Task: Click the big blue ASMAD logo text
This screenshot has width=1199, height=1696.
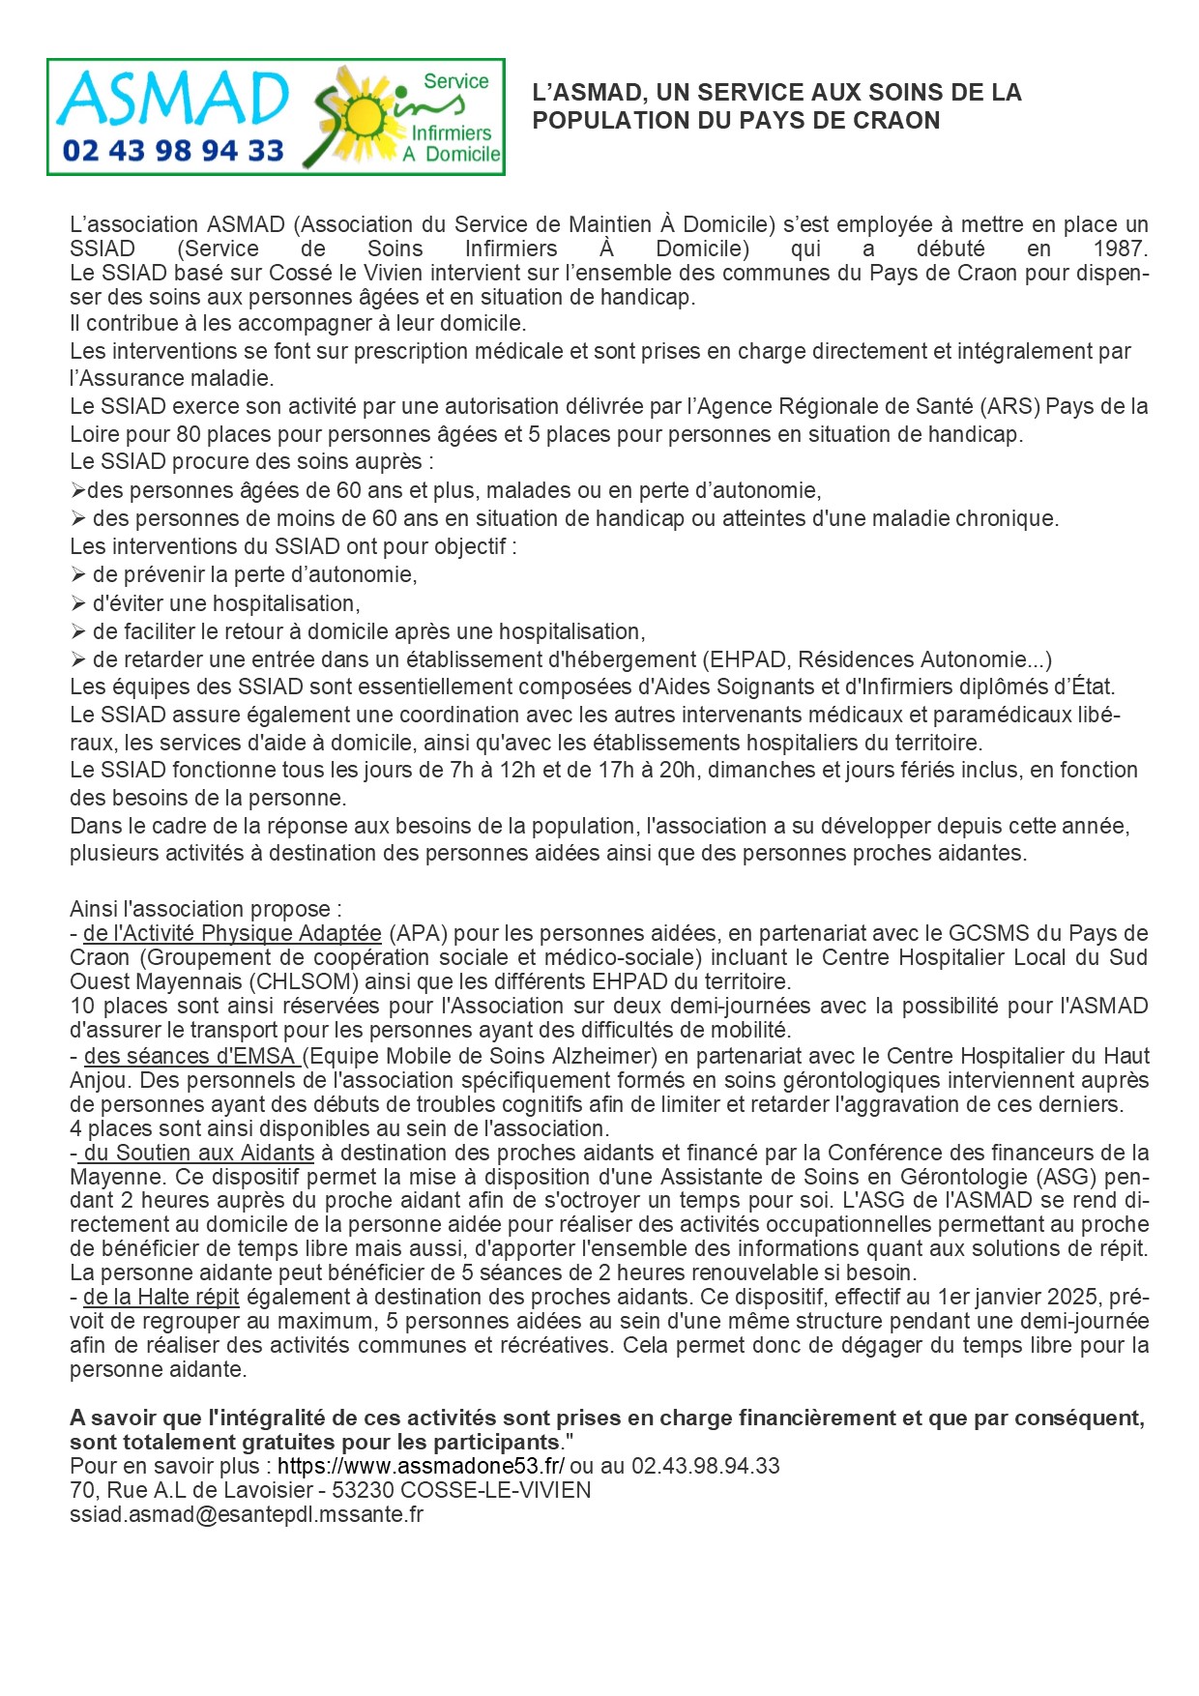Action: pyautogui.click(x=172, y=99)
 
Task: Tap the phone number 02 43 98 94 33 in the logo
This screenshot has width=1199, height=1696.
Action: pyautogui.click(x=173, y=151)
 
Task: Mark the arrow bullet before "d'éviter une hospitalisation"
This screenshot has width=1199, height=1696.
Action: pyautogui.click(x=78, y=603)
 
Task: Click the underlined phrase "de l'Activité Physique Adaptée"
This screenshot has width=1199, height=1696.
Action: pyautogui.click(x=232, y=933)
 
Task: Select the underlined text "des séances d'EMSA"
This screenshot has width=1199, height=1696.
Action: pyautogui.click(x=191, y=1056)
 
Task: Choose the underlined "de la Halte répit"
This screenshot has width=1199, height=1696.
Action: pyautogui.click(x=161, y=1297)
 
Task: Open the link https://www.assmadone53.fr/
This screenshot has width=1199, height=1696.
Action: pyautogui.click(x=421, y=1466)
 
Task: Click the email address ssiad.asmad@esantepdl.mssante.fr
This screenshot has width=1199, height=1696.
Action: pyautogui.click(x=247, y=1514)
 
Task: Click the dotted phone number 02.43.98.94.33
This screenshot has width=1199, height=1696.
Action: pyautogui.click(x=705, y=1466)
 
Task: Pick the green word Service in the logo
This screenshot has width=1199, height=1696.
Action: pyautogui.click(x=455, y=81)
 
